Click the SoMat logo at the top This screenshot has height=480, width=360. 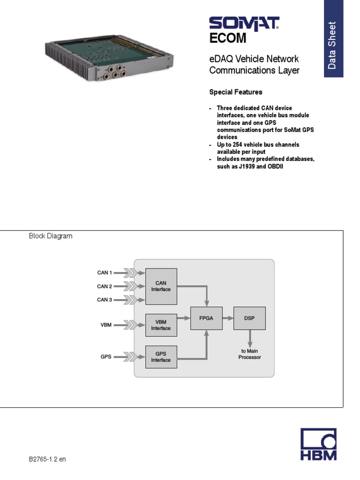[x=244, y=23]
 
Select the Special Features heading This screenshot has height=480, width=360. [x=235, y=92]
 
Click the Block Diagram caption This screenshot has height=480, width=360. [x=51, y=236]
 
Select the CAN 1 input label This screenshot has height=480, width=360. [x=105, y=272]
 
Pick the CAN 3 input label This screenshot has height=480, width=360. [x=105, y=300]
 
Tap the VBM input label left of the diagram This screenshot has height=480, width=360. [x=106, y=324]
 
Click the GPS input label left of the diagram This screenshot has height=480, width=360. [x=106, y=357]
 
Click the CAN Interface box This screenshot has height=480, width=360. [x=161, y=286]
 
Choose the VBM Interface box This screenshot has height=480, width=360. [x=161, y=325]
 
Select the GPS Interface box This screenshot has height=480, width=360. [x=161, y=357]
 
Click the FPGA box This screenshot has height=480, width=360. [x=206, y=318]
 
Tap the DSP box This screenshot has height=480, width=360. [x=249, y=318]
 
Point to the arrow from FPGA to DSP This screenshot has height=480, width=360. [x=228, y=318]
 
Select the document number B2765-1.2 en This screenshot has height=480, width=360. [x=47, y=459]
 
